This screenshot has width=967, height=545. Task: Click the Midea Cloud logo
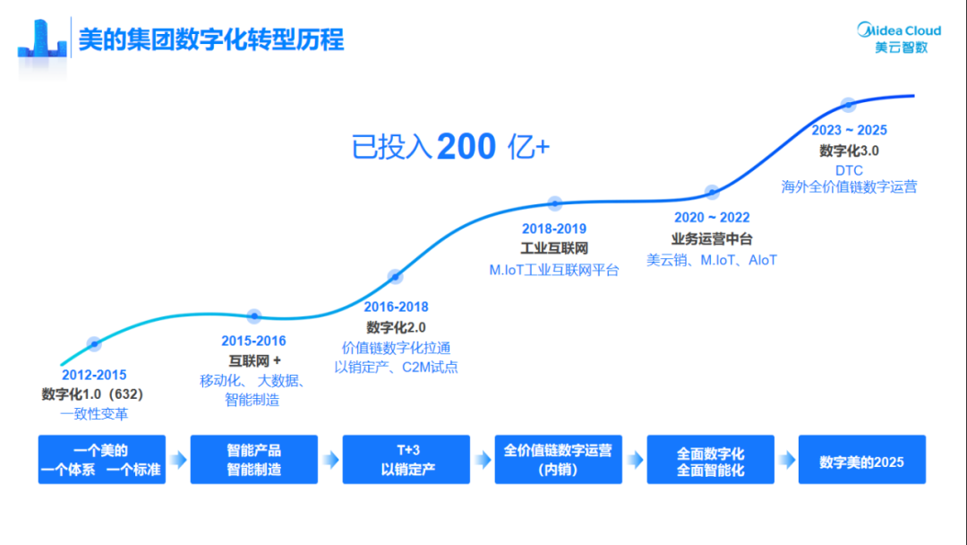tap(899, 38)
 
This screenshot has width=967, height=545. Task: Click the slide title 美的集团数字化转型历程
tap(210, 40)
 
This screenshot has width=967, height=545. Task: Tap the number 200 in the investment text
tap(466, 146)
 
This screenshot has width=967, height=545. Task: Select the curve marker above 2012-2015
tap(94, 343)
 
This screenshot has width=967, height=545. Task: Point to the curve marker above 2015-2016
tap(254, 316)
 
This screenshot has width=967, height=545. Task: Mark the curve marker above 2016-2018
tap(395, 276)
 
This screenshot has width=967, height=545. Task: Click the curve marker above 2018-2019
tap(554, 203)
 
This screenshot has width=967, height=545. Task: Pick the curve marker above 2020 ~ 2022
tap(712, 192)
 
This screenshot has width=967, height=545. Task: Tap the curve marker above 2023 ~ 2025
tap(848, 104)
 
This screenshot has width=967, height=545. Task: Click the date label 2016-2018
tap(396, 307)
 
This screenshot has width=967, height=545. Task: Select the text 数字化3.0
tap(849, 151)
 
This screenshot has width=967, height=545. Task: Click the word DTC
tap(849, 169)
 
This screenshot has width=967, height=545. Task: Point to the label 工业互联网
tap(554, 248)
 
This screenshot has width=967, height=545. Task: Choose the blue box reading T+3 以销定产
tap(407, 460)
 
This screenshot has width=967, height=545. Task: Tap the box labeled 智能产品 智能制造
tap(254, 460)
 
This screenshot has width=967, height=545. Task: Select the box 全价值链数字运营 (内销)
tap(558, 460)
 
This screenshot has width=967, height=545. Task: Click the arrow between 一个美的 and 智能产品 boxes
tap(178, 460)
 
